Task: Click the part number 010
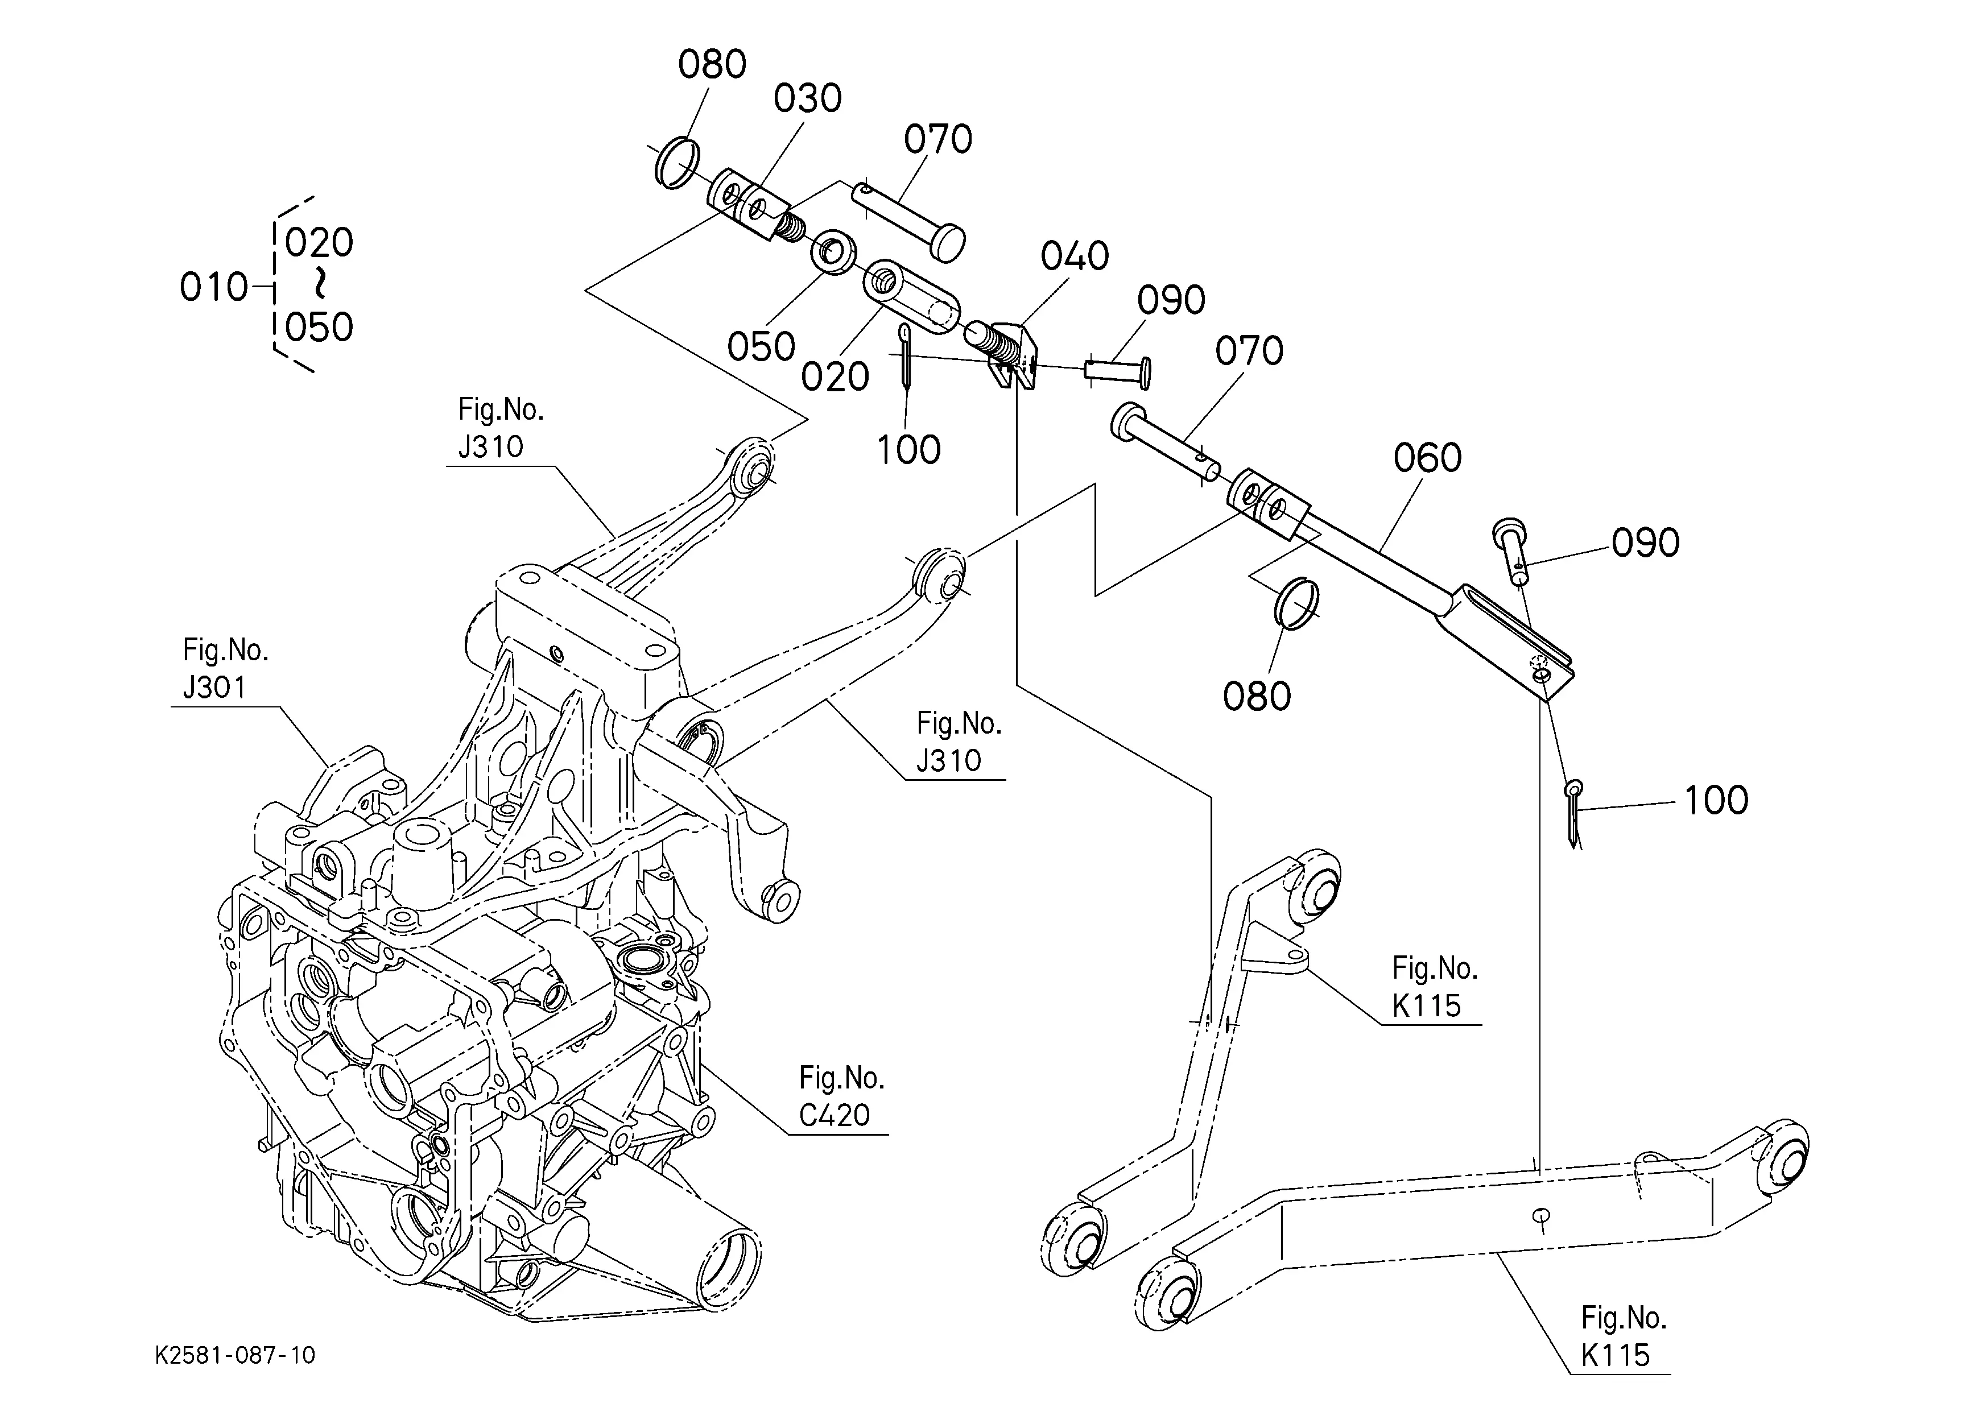pyautogui.click(x=214, y=287)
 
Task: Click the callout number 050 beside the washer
pyautogui.click(x=761, y=347)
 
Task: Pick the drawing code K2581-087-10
pyautogui.click(x=236, y=1355)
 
